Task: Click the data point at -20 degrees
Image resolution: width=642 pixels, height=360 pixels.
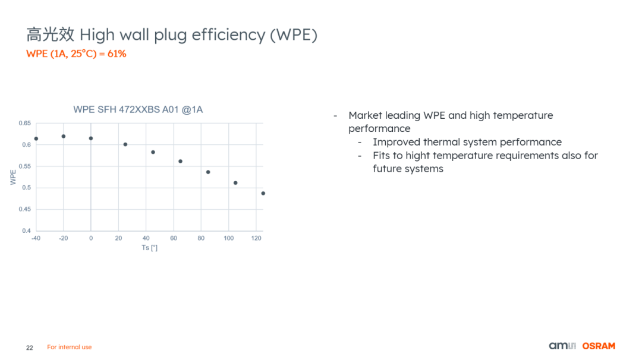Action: [x=64, y=136]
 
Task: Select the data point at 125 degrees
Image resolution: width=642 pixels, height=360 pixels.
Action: [x=263, y=193]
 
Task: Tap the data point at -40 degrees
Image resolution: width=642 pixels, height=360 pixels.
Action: [x=36, y=138]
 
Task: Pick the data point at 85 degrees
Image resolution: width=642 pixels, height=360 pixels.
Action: [x=208, y=172]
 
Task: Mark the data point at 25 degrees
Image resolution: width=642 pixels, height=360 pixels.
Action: [x=125, y=144]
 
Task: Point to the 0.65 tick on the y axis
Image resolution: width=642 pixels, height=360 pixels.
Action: [x=24, y=123]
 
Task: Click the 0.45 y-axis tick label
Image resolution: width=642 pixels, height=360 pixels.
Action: [x=24, y=209]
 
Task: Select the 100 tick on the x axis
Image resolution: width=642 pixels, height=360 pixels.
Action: [x=228, y=238]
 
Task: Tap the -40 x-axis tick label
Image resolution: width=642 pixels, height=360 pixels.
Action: [x=36, y=238]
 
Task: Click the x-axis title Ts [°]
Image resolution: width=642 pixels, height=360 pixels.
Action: [x=149, y=248]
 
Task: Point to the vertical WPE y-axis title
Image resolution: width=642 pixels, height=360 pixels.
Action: [x=13, y=178]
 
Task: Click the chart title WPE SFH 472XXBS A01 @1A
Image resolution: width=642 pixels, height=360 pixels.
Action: [x=138, y=110]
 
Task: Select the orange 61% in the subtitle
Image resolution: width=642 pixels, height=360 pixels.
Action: [x=117, y=53]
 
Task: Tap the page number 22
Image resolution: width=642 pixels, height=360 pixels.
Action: [x=30, y=348]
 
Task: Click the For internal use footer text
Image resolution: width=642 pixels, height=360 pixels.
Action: [x=69, y=347]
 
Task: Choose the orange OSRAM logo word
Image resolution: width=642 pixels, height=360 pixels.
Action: [x=599, y=346]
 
